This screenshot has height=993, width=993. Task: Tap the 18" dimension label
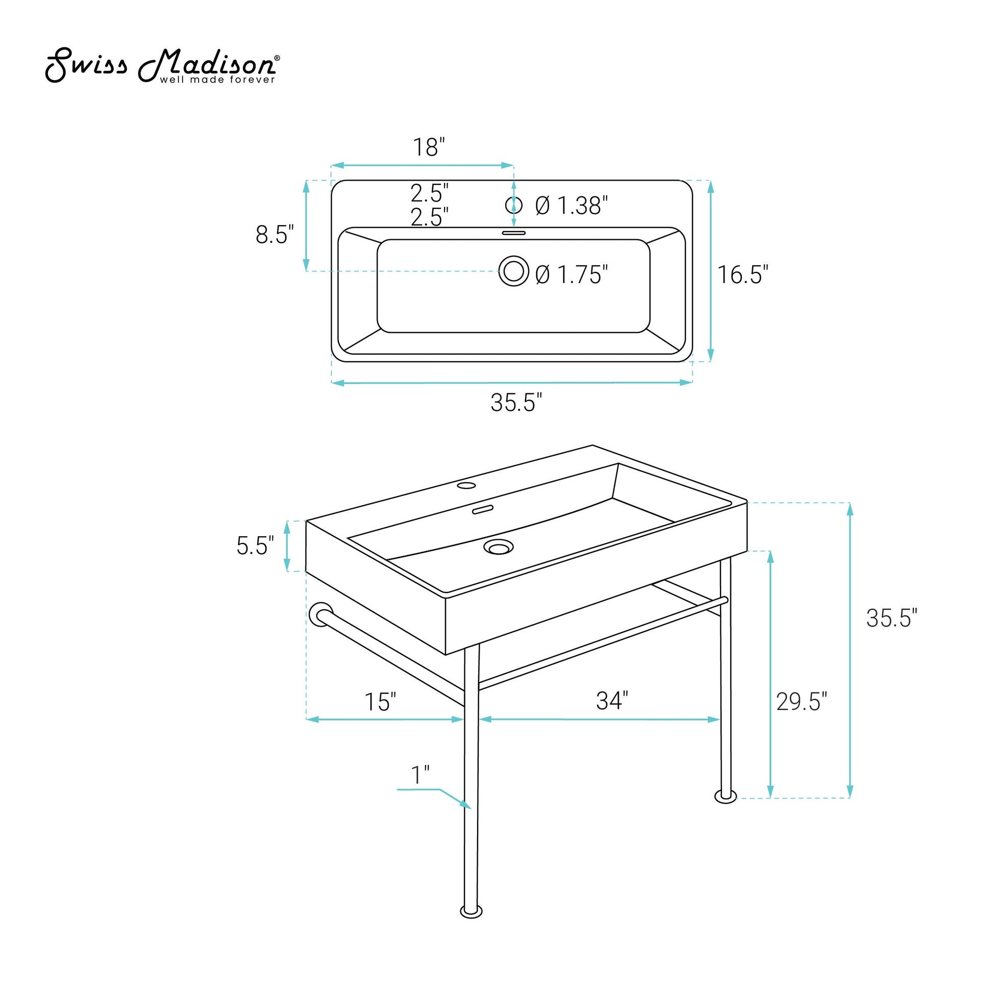tap(429, 147)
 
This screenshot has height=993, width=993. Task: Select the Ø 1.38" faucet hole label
tap(572, 206)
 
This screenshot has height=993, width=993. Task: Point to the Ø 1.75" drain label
tap(572, 275)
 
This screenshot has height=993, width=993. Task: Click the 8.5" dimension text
tap(275, 234)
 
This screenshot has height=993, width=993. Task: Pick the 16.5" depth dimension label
tap(742, 275)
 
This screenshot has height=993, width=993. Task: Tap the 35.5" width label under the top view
tap(516, 402)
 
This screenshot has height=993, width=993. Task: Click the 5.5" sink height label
tap(255, 545)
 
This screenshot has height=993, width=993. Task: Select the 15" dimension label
tap(380, 702)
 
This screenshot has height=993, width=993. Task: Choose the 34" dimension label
tap(612, 701)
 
